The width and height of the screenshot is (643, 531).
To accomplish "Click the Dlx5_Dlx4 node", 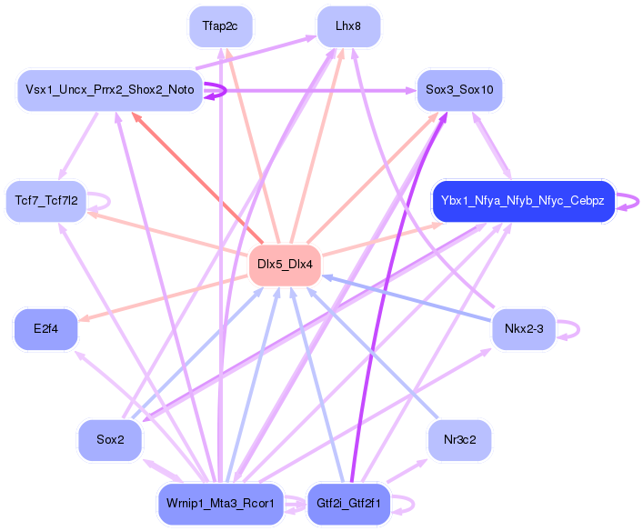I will point(285,265).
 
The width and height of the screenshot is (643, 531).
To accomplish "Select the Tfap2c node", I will point(221,26).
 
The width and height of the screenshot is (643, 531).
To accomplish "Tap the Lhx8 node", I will point(348,26).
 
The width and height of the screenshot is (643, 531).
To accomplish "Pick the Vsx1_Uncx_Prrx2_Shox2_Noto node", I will point(109,90).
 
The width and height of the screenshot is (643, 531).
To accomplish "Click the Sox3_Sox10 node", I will point(459,90).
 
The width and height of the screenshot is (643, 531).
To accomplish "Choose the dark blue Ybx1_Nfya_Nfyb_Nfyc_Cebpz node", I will point(522,200).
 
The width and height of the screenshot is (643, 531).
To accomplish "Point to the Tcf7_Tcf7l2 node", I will point(46,200).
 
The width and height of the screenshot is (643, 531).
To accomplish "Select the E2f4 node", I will point(45,328).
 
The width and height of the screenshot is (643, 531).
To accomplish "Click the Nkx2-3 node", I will point(523,328).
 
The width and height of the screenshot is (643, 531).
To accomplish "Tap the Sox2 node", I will point(110,440).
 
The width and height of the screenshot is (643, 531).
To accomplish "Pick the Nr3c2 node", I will point(459,440).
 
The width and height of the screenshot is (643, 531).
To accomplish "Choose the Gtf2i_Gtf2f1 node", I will point(348,503).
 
